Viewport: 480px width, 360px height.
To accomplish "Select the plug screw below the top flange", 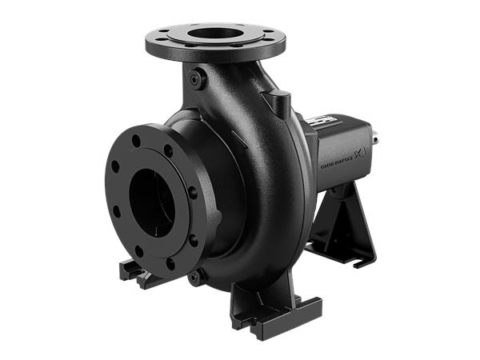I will click(x=198, y=78).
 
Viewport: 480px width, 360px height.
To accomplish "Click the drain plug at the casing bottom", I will click(x=194, y=278).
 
